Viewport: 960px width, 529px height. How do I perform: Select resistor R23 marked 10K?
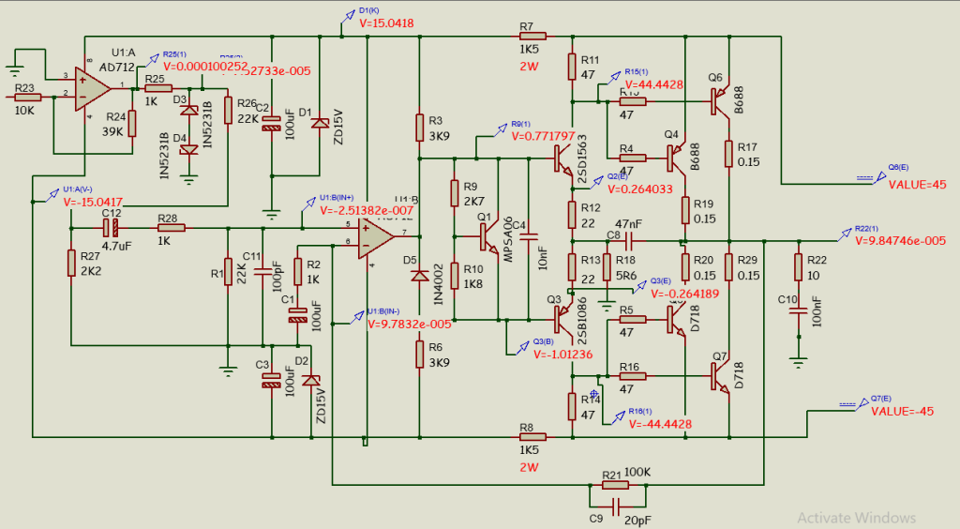tap(27, 98)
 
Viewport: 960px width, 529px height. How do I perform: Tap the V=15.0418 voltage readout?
tap(386, 23)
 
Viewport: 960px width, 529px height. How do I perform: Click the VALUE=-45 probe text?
tap(903, 412)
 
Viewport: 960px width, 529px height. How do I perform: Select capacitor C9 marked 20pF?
tap(615, 506)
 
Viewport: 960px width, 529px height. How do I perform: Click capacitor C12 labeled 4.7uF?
tap(112, 228)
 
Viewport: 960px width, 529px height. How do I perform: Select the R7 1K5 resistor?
tap(527, 36)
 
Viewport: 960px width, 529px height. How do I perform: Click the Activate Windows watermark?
tap(855, 517)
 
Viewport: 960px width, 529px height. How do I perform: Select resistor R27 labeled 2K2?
tap(71, 264)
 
